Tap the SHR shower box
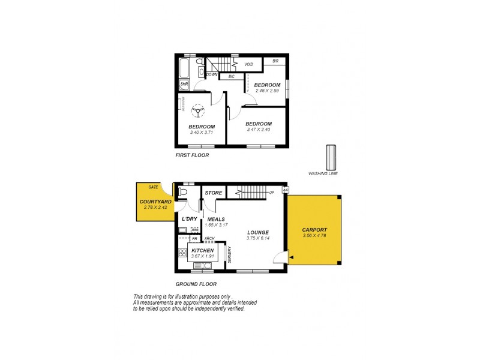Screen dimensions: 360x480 tap(184, 85)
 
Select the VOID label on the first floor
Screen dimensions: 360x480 tap(248, 64)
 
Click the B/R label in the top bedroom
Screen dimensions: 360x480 tap(275, 61)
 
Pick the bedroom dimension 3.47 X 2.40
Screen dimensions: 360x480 tap(259, 130)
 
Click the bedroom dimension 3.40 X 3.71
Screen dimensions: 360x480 tap(202, 132)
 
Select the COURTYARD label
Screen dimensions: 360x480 tap(155, 202)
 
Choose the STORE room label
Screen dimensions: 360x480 tap(214, 193)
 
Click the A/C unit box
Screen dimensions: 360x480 tap(286, 190)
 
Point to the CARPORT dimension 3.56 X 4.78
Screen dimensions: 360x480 tap(316, 235)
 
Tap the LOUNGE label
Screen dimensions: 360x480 tap(257, 232)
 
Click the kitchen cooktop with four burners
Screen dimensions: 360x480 tap(182, 253)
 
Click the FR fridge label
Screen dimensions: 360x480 tap(185, 239)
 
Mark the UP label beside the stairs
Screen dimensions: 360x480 tap(272, 193)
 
